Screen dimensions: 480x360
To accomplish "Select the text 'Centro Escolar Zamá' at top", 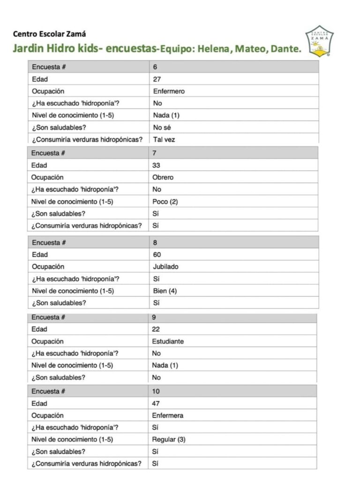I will pyautogui.click(x=50, y=34).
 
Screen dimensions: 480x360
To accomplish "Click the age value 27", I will pyautogui.click(x=157, y=79).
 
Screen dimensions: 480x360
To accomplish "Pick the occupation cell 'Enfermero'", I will pyautogui.click(x=169, y=91).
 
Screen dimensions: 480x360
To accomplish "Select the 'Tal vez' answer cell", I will pyautogui.click(x=164, y=139).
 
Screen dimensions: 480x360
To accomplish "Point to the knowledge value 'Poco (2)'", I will pyautogui.click(x=165, y=202).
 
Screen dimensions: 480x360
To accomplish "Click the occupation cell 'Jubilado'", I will pyautogui.click(x=165, y=267).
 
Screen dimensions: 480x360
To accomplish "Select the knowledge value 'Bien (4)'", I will pyautogui.click(x=165, y=291).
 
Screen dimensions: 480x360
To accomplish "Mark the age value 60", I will pyautogui.click(x=157, y=255).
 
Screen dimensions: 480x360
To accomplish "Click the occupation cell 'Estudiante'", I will pyautogui.click(x=168, y=341).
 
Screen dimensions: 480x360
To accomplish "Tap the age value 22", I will pyautogui.click(x=156, y=329).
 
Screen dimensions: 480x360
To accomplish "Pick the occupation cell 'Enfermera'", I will pyautogui.click(x=168, y=415).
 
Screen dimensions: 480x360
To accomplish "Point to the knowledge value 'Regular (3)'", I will pyautogui.click(x=169, y=440).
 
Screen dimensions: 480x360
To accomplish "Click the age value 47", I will pyautogui.click(x=156, y=403).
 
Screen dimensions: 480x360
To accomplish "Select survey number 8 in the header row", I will pyautogui.click(x=155, y=243).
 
